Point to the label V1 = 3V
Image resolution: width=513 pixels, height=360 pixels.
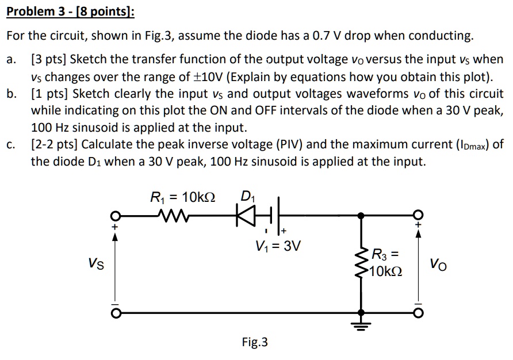click(x=278, y=247)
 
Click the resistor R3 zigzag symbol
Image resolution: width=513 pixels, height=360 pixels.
click(x=361, y=264)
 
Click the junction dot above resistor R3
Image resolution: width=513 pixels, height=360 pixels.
click(x=361, y=217)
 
